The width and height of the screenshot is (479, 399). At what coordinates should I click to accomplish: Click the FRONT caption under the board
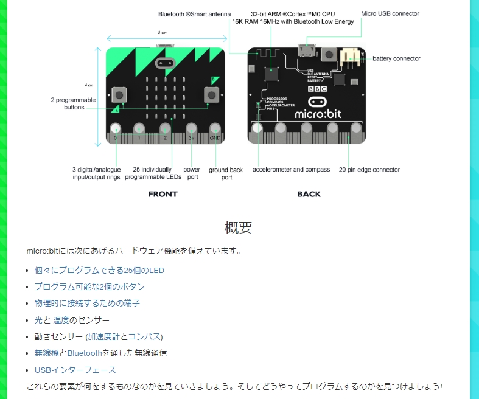pos(163,194)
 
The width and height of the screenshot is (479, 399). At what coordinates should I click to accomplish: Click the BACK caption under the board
pos(309,194)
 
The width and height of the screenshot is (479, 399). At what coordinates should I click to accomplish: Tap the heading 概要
pos(239,228)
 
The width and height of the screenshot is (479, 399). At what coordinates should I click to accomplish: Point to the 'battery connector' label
pos(396,58)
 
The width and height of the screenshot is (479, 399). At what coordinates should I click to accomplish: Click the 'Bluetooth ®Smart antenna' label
pos(194,13)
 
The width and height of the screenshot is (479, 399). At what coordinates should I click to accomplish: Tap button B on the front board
pos(211,95)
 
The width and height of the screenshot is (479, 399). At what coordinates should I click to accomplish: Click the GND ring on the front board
pos(215,129)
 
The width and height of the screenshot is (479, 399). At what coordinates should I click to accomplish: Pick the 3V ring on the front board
pos(191,129)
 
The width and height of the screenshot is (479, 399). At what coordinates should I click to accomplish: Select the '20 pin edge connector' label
pos(369,170)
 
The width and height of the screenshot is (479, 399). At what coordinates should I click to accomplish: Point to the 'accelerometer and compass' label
pos(291,170)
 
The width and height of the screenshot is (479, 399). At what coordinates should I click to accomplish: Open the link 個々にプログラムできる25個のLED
pos(99,270)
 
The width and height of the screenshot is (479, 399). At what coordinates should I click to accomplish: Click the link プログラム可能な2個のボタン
pos(89,286)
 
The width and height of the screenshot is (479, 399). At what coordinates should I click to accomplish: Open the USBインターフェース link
pos(75,370)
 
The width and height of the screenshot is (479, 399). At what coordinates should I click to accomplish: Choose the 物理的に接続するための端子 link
pos(87,303)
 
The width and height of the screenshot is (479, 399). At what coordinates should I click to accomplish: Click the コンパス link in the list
pos(145,336)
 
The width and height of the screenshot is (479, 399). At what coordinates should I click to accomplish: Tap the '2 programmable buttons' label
pos(73,103)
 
